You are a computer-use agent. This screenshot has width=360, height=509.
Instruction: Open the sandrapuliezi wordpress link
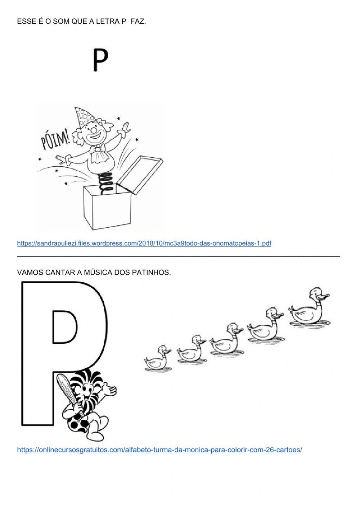[144, 243]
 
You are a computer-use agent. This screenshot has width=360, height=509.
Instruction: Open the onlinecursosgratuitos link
[159, 450]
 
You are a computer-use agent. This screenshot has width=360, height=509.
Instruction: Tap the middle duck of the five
[225, 339]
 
